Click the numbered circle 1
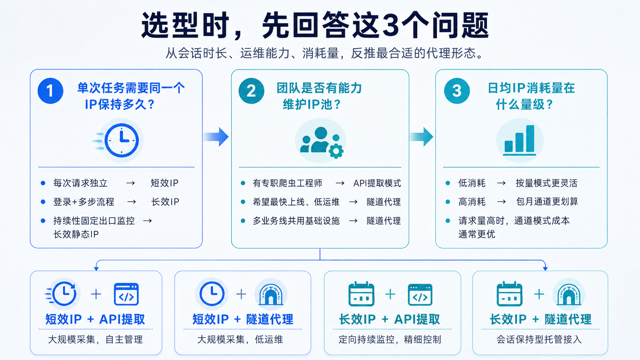50,91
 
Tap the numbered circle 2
251,91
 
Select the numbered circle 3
457,91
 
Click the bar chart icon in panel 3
519,140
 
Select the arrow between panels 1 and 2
216,137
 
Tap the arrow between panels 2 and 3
421,137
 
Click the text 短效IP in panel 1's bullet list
164,183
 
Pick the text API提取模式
377,183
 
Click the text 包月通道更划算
547,202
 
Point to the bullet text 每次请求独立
80,183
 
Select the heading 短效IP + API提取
95,319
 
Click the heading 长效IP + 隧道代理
540,319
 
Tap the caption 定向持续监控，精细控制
390,339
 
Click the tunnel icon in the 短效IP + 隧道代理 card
271,294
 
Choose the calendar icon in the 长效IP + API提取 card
361,294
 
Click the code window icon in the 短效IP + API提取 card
126,294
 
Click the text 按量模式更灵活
547,183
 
